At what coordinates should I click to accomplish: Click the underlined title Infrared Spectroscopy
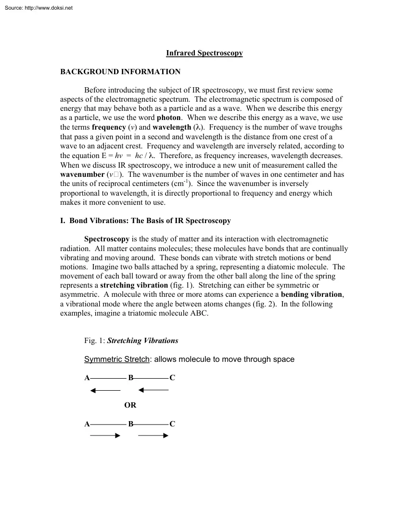(204, 53)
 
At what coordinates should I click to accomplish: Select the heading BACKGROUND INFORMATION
(120, 72)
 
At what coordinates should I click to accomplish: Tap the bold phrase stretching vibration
(134, 285)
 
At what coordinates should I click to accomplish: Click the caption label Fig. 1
(94, 341)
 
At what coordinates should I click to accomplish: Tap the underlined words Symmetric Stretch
(117, 359)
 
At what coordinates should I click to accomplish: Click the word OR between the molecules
(130, 405)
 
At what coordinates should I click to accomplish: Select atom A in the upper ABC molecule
(87, 378)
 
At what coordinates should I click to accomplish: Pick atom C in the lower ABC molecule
(172, 424)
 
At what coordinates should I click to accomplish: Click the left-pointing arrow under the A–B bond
(105, 390)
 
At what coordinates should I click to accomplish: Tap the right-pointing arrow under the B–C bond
(153, 436)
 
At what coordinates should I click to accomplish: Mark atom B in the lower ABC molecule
(130, 424)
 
